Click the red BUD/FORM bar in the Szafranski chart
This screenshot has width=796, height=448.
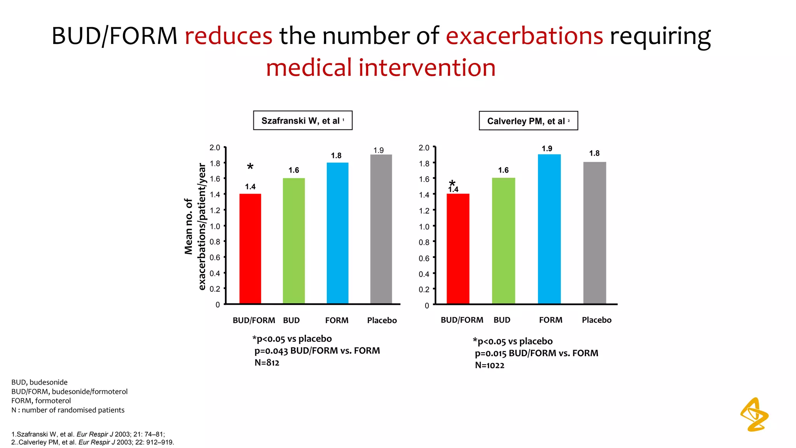pos(250,249)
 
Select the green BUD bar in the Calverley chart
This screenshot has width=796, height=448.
pos(503,241)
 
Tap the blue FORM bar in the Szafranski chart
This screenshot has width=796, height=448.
pos(337,233)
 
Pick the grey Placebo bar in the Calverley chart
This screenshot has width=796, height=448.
pos(594,233)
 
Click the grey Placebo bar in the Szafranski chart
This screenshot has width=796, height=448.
pos(381,229)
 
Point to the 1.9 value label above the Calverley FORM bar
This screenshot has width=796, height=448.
pos(547,149)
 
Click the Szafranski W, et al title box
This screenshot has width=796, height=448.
pos(302,121)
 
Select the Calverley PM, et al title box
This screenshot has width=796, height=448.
pos(528,121)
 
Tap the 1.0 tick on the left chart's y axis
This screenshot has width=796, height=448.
pos(215,226)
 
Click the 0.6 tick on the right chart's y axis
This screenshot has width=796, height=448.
pos(424,258)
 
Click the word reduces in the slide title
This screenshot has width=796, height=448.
pos(229,36)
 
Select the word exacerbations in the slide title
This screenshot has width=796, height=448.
pos(524,36)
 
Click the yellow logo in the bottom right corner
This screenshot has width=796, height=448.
pos(754,415)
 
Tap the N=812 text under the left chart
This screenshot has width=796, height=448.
pos(267,363)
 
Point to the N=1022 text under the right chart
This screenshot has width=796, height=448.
pos(489,366)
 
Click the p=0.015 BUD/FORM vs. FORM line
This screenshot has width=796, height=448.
pos(536,353)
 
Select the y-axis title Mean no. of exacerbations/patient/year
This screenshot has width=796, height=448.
pos(195,226)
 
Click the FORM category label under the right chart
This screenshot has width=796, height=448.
pos(550,320)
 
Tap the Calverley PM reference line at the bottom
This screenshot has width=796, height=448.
pos(93,443)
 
